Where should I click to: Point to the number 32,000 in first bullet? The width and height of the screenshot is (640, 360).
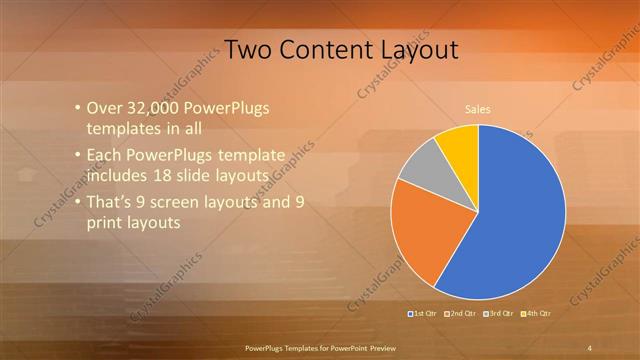(x=153, y=108)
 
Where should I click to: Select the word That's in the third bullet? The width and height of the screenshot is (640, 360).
(x=112, y=202)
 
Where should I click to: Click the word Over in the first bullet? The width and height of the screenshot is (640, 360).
(x=106, y=108)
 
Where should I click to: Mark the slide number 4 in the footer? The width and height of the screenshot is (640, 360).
(x=590, y=347)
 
